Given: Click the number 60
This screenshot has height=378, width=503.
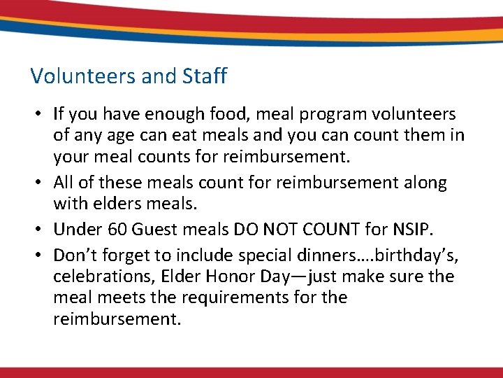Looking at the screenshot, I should tap(118, 230).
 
